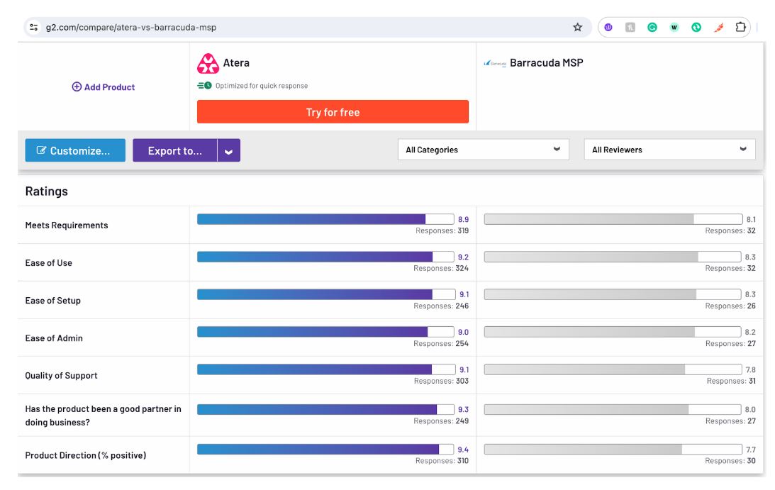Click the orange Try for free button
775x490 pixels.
[333, 112]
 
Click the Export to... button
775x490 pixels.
[174, 150]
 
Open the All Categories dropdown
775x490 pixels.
[484, 150]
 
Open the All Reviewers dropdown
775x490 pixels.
[669, 150]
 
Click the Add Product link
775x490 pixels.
[104, 87]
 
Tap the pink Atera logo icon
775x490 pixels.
[208, 64]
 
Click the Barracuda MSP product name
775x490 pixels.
[546, 63]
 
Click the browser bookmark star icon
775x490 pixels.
[577, 28]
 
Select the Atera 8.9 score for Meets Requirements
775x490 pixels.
[463, 220]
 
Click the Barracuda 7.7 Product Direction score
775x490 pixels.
[750, 450]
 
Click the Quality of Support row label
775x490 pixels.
[61, 376]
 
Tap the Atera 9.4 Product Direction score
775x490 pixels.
[463, 450]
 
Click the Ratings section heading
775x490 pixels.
[47, 191]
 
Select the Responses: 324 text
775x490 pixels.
[441, 269]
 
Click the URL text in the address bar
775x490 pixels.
[131, 28]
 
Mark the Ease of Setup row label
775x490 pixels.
[53, 301]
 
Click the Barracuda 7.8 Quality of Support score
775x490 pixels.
[750, 370]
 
